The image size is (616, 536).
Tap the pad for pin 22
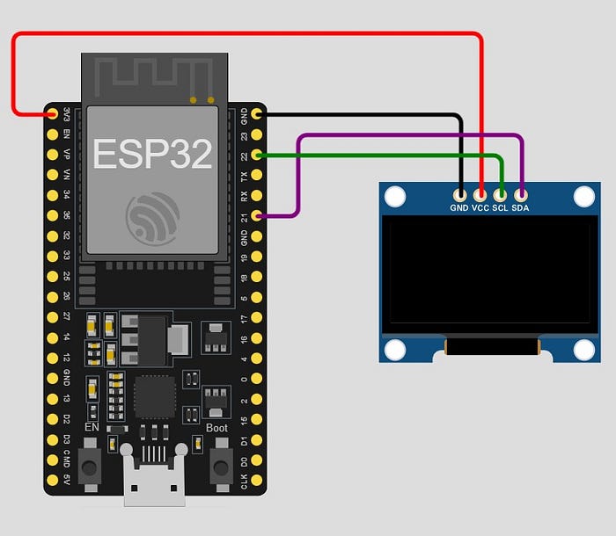point(256,155)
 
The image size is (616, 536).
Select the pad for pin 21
point(256,215)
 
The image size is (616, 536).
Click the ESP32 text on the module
point(152,153)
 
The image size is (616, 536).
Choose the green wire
point(378,156)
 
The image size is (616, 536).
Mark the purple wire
point(405,134)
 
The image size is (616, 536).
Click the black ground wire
point(361,114)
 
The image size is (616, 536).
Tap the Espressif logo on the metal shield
point(152,216)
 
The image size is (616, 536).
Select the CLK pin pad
point(256,478)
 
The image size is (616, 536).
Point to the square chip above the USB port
point(156,398)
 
